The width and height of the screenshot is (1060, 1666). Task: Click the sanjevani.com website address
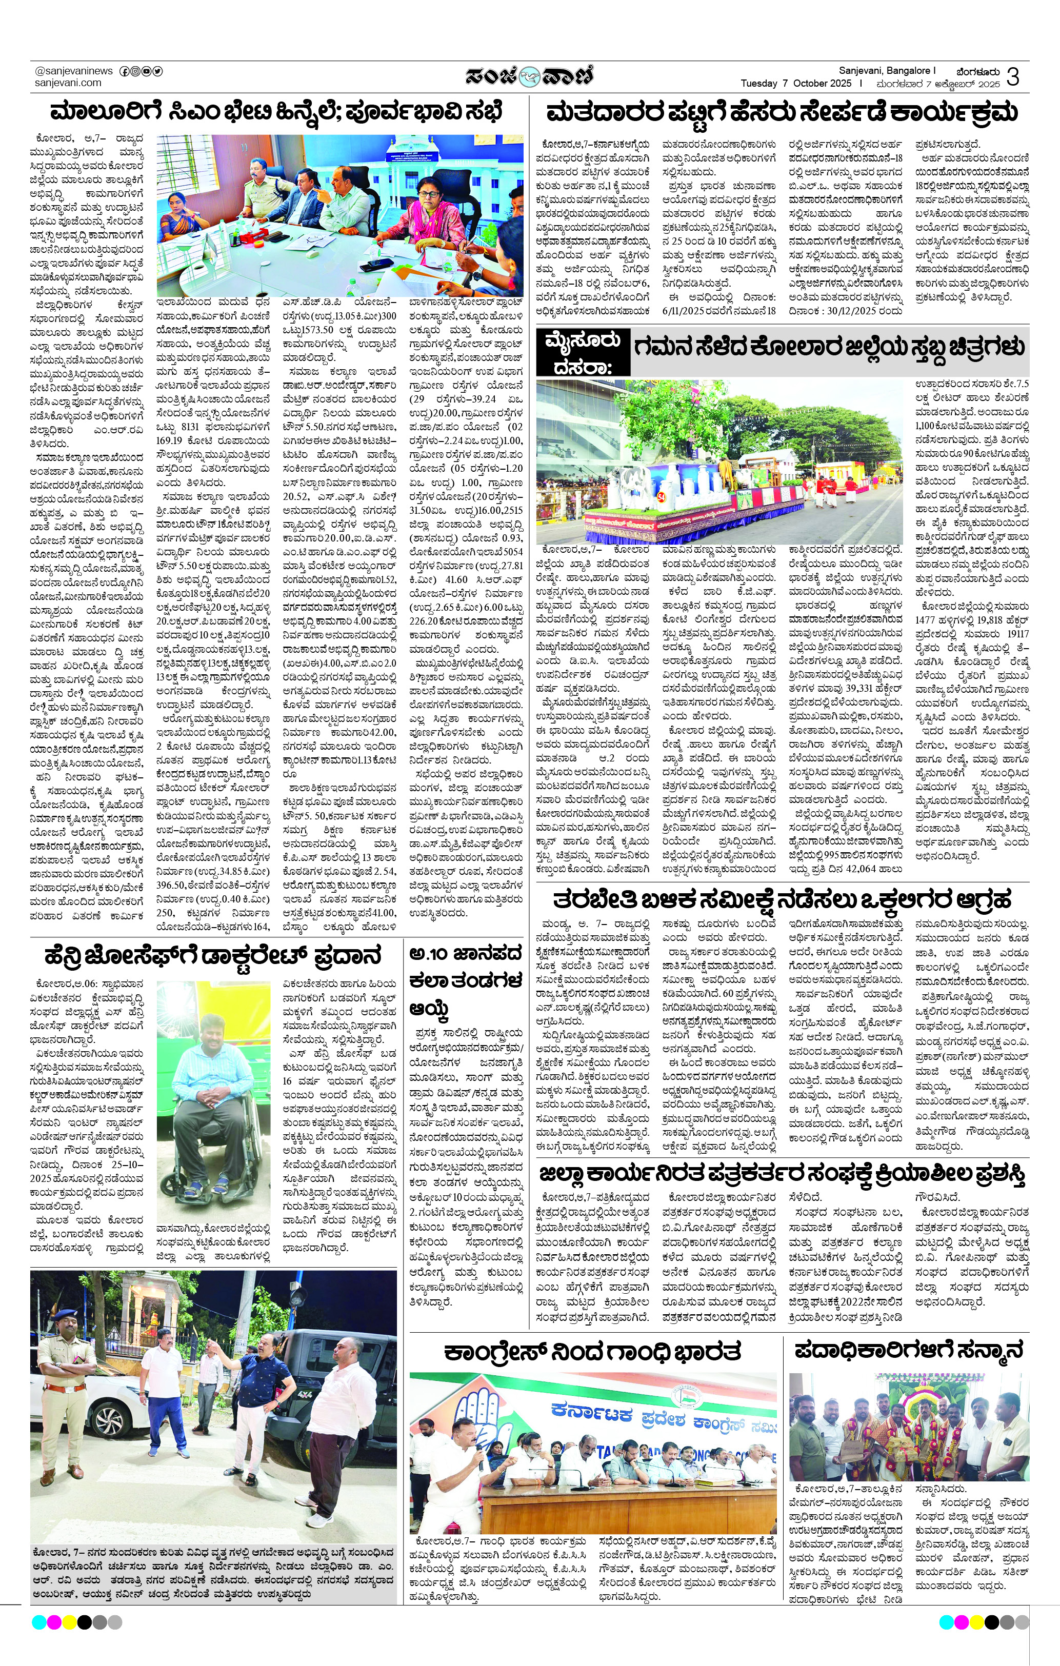68,83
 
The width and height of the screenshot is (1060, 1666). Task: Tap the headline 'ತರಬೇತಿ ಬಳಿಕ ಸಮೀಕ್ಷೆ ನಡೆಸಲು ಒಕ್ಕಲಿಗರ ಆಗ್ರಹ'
782,900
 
